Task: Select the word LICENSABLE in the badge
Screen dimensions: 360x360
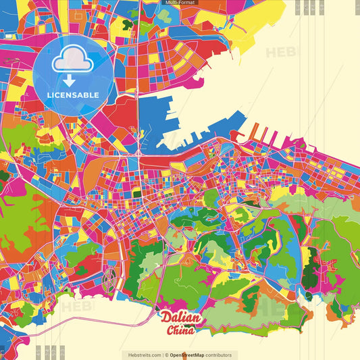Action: click(x=72, y=95)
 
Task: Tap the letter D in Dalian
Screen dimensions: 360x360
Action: click(x=165, y=317)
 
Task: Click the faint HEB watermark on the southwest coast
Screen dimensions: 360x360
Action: click(x=78, y=307)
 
